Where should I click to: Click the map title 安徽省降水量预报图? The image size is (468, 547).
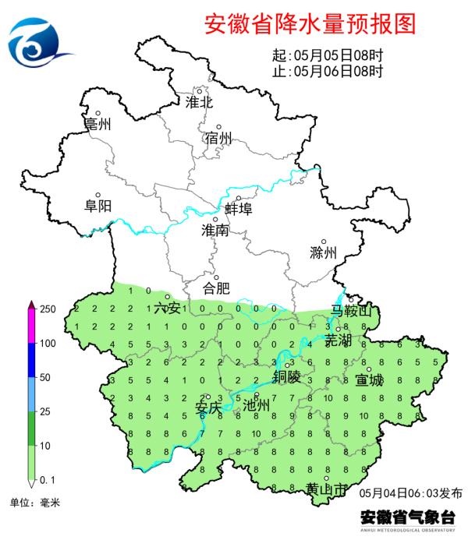coord(310,24)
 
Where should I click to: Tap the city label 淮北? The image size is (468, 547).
coord(199,102)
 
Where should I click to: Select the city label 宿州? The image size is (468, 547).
coord(219,139)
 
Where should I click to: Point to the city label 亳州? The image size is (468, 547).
coord(98,125)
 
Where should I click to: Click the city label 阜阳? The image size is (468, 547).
coord(98,206)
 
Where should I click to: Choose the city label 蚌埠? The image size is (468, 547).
coord(238,209)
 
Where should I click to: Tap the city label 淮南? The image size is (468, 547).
coord(215,231)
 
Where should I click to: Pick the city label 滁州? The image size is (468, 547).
coord(323,253)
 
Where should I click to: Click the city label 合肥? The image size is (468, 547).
coord(216,288)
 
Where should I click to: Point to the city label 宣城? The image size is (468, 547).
coord(369,381)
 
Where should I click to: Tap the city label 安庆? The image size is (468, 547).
coord(208,406)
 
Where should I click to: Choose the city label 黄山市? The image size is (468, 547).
coord(327,490)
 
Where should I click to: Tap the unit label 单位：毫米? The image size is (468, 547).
coord(34,503)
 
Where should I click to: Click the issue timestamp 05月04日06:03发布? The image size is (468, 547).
coord(411,493)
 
